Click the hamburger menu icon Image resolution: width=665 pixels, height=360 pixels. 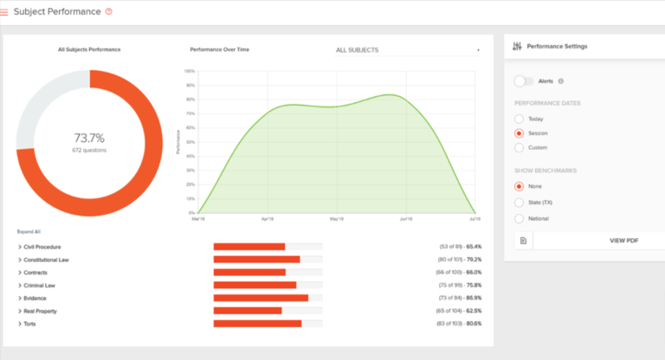[4, 12]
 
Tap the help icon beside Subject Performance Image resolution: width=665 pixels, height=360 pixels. [108, 11]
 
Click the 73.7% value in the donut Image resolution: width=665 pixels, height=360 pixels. [89, 138]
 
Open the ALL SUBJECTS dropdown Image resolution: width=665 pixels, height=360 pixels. [407, 50]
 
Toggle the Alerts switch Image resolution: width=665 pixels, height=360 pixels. [524, 81]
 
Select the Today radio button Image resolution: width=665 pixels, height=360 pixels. [520, 119]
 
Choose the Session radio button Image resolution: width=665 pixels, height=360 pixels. [520, 133]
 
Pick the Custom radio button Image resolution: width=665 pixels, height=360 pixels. [520, 147]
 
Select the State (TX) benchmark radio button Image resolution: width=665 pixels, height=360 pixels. [520, 202]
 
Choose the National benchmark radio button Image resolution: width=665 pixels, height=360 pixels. [520, 218]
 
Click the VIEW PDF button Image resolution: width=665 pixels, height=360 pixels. [624, 240]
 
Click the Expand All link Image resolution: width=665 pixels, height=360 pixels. [29, 232]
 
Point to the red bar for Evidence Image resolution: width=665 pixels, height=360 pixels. [261, 298]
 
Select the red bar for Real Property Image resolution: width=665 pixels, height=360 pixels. [248, 311]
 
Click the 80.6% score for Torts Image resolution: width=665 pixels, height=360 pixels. [473, 324]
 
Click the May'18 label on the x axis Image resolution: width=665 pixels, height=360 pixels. [337, 219]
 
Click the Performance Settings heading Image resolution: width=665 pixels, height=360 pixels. [558, 46]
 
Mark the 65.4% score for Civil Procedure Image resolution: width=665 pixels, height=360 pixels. [473, 247]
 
